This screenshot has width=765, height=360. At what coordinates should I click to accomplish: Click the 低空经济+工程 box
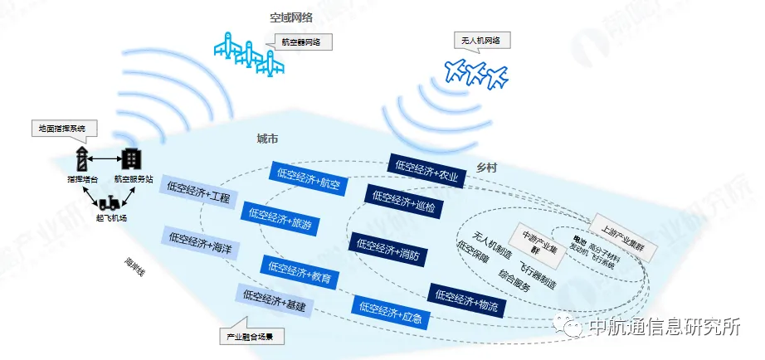click(199, 195)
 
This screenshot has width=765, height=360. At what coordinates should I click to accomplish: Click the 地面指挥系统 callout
click(63, 129)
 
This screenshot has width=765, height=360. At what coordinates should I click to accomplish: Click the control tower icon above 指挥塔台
click(82, 158)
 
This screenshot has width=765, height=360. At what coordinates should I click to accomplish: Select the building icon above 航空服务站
click(132, 158)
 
